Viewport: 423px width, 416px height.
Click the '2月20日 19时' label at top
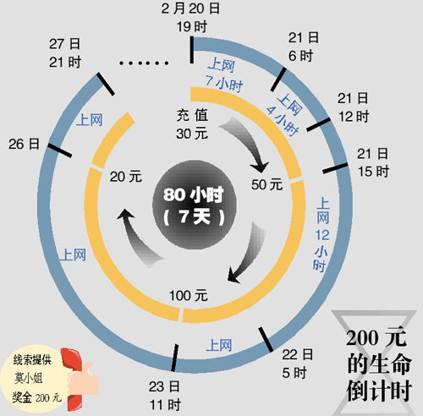[190, 18]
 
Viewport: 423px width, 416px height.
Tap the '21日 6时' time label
[304, 47]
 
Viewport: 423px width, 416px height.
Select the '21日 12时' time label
[354, 107]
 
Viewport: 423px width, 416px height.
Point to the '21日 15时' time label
[373, 162]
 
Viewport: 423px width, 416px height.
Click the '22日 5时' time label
[297, 364]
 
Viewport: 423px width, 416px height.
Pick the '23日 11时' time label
[165, 396]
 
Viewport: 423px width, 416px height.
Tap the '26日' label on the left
[24, 144]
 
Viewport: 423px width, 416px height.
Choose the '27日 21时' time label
[65, 53]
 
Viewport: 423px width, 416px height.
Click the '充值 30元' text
[192, 124]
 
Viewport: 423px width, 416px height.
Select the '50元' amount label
[266, 184]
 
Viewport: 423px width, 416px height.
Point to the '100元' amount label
[188, 296]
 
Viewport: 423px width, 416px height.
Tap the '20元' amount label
[126, 177]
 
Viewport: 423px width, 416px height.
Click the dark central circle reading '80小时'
[195, 205]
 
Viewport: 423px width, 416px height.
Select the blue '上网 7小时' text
[223, 74]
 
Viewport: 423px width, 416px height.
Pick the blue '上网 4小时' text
[284, 115]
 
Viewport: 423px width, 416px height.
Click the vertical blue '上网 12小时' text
[322, 234]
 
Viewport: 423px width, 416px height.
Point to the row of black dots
[144, 63]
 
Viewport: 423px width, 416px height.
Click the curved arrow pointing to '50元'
[244, 145]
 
